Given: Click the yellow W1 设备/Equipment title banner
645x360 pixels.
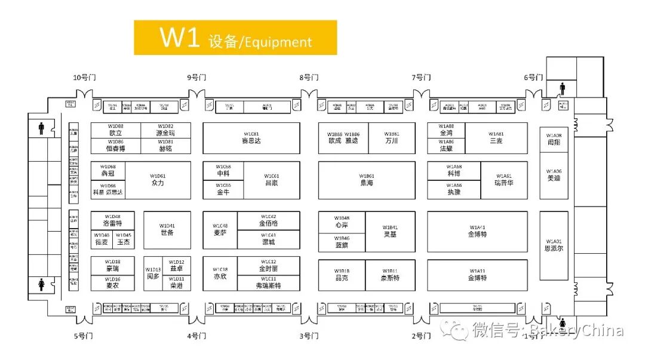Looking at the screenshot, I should [235, 38].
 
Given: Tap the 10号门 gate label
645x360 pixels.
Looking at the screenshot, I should [84, 78].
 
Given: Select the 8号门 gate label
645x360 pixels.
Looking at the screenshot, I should [309, 78].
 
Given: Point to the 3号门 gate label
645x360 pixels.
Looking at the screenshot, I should [309, 336].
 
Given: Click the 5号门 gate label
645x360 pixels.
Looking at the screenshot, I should [84, 336].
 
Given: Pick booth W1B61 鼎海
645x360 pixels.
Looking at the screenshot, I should [366, 180].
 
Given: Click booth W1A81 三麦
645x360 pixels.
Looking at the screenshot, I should [496, 138].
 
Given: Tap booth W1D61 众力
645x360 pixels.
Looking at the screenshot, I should [158, 180].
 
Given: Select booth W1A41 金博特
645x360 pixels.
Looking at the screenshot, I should [477, 231].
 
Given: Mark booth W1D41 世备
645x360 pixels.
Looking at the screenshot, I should [167, 229].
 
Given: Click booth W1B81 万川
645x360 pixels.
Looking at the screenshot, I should [392, 138].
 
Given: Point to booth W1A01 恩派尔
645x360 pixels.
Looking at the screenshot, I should [554, 245].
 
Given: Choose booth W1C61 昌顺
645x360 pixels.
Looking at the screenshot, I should [271, 180].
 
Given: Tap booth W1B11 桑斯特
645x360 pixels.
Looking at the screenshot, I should [390, 275].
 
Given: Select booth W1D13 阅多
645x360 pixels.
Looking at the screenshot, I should [153, 274].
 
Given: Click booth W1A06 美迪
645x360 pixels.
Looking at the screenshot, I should [554, 175].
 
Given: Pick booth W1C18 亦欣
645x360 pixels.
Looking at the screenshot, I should [220, 274].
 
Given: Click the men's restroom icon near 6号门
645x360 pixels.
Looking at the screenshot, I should [562, 89].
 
